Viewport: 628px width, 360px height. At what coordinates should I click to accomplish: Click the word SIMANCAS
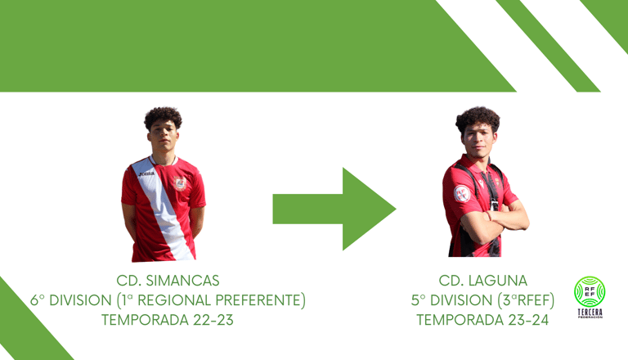(x=182, y=281)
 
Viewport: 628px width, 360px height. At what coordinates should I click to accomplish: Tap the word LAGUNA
(x=498, y=281)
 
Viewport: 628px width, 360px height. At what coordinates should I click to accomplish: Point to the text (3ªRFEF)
(x=526, y=300)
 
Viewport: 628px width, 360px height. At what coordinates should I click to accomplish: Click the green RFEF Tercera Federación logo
(x=590, y=297)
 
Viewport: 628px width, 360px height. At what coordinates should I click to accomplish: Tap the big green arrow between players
(x=334, y=209)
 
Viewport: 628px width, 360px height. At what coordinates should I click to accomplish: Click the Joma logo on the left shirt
(x=146, y=173)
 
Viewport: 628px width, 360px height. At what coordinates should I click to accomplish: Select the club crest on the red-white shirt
(x=180, y=183)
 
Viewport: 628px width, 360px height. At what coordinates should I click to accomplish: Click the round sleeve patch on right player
(x=462, y=194)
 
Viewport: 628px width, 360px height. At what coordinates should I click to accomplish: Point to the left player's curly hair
(x=163, y=117)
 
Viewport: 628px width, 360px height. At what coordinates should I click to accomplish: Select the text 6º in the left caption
(x=38, y=300)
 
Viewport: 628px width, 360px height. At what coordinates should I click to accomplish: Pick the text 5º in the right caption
(x=418, y=300)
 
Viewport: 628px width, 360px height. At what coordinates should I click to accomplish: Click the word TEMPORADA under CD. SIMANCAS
(x=145, y=320)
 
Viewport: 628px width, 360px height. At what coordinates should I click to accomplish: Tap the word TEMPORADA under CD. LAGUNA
(x=460, y=320)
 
